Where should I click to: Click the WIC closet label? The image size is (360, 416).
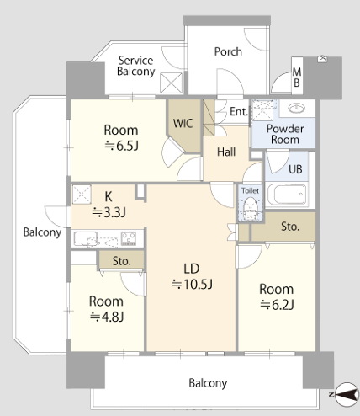point(183,123)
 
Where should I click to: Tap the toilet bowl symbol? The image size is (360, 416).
point(250,208)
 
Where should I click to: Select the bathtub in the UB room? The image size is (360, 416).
point(286,195)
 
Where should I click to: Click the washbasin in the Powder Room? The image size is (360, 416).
point(297,108)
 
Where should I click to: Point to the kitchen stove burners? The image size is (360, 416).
point(129,238)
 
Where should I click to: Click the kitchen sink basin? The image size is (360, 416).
point(86,238)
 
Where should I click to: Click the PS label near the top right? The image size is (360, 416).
point(322,59)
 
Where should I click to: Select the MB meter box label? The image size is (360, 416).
point(297,77)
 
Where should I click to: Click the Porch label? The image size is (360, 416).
point(228,51)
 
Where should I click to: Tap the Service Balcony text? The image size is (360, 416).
point(136,66)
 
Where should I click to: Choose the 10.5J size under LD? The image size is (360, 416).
point(192,285)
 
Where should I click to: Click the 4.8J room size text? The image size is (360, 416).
point(107,317)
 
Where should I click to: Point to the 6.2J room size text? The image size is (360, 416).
point(277,305)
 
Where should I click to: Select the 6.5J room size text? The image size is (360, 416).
point(121,146)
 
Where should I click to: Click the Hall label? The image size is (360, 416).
point(226,152)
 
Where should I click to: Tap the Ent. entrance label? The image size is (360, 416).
point(239,111)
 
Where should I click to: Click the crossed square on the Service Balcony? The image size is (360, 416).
point(171,83)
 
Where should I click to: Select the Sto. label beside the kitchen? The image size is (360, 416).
point(122,261)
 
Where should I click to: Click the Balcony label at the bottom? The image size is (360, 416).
point(208,383)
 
